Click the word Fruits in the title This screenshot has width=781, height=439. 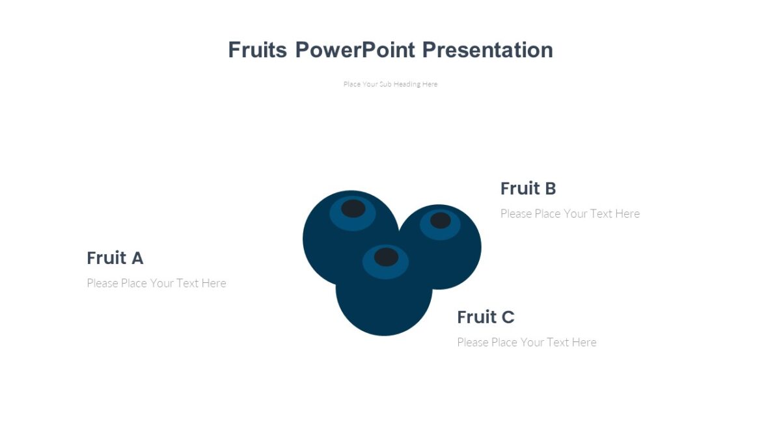pos(257,50)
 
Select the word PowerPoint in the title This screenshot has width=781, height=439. pos(355,50)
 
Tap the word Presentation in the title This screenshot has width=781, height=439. pos(487,50)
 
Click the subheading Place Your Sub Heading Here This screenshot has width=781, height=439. pos(390,84)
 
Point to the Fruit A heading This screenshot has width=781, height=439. pos(115,258)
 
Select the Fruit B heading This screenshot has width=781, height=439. pos(528,189)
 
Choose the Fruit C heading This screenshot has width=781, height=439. pos(486,317)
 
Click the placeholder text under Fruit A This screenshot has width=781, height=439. pos(157,284)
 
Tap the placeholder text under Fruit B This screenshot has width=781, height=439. pos(570,213)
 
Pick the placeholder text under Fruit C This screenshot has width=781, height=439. pos(527,343)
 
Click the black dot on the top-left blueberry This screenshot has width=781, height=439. pos(353,208)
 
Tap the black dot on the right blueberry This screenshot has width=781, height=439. pos(441,220)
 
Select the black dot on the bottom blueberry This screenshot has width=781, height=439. pos(387,257)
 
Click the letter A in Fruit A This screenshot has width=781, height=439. pos(137,258)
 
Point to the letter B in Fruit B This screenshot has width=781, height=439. pos(551,189)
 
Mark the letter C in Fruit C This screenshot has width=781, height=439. pos(508,317)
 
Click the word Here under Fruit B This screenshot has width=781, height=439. pos(627,213)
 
